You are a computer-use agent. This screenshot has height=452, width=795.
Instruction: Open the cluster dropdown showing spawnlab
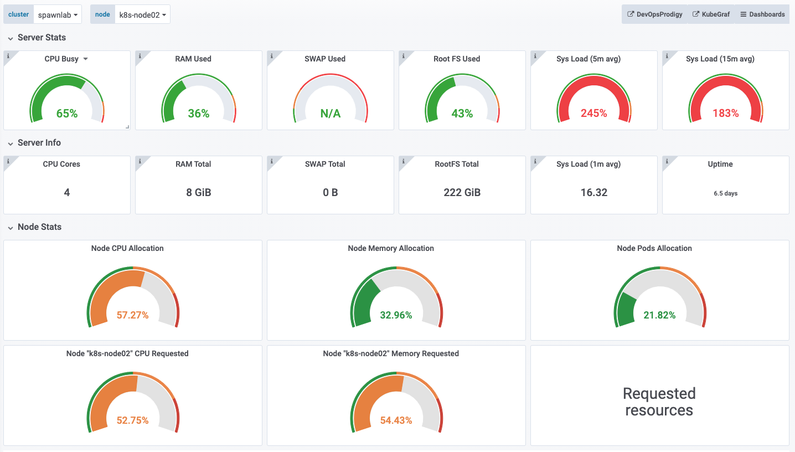point(58,14)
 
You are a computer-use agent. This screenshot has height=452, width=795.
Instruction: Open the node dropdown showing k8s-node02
point(142,14)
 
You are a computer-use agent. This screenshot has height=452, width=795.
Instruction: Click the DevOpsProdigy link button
point(655,14)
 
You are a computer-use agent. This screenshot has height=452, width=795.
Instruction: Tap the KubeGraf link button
point(711,14)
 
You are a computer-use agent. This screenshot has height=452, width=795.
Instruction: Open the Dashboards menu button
point(762,14)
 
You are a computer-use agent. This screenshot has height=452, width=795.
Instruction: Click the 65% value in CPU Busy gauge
point(67,114)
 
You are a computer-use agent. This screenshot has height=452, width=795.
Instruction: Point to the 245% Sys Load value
point(594,114)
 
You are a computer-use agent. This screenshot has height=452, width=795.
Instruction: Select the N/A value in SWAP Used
point(331,114)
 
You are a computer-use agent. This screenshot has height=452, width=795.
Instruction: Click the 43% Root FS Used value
point(462,114)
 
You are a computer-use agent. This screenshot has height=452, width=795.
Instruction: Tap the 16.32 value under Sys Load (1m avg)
point(594,192)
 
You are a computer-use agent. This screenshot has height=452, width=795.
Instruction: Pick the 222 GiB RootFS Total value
point(462,192)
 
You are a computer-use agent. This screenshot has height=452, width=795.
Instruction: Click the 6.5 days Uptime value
point(725,193)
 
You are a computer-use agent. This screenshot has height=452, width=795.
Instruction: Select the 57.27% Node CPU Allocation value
point(133,315)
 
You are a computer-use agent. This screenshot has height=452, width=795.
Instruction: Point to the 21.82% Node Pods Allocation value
point(659,315)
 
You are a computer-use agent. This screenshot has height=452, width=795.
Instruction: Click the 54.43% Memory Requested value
point(396,420)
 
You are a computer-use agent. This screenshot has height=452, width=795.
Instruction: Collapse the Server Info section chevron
point(11,143)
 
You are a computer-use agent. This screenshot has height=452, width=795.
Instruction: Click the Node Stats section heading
point(39,227)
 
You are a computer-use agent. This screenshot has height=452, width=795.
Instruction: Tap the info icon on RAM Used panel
point(140,56)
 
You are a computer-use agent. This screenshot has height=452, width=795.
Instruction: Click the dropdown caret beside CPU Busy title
point(85,59)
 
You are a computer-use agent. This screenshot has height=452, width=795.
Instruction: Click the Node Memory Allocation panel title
point(391,248)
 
